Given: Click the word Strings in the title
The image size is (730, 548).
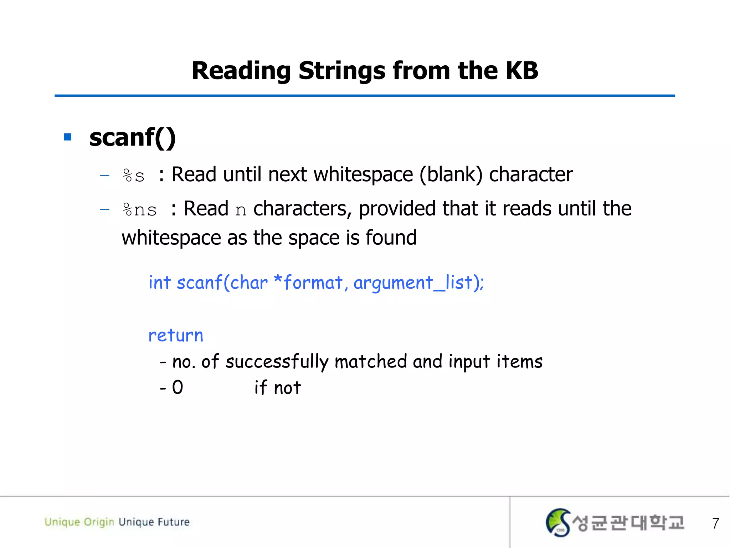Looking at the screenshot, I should (342, 71).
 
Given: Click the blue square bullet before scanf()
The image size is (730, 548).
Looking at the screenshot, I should (68, 137).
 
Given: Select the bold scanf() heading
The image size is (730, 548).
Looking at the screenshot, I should (132, 138).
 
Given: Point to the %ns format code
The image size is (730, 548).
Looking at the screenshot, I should (139, 210).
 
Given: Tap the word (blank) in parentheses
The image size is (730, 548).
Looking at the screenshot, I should (451, 175).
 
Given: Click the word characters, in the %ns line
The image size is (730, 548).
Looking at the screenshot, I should (302, 209).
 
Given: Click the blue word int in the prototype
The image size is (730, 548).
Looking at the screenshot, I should (160, 283).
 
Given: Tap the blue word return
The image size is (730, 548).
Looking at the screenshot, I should (176, 336).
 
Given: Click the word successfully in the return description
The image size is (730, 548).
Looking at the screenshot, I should (277, 362).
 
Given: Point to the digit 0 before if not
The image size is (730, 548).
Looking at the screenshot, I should (178, 387).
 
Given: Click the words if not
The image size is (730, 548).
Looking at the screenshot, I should (278, 388).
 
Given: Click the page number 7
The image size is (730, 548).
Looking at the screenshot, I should (715, 523).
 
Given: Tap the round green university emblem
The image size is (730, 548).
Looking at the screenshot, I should (558, 522).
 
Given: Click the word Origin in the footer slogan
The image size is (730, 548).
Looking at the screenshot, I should (99, 522).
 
